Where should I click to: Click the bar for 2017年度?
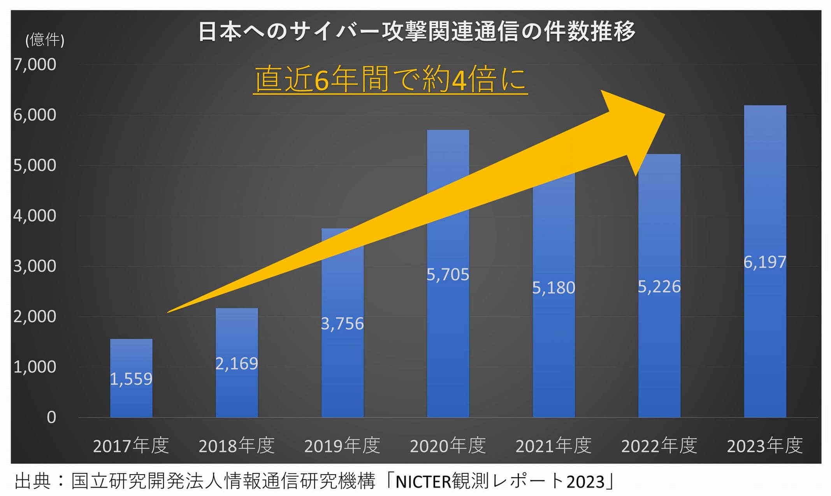point(131,378)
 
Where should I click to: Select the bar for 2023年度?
point(765,261)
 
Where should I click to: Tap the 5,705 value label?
point(448,275)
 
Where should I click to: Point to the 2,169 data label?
point(237,364)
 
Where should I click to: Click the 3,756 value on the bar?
point(342,324)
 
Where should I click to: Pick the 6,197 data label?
point(765,262)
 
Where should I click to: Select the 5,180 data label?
point(553,288)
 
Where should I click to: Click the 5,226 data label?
point(659,287)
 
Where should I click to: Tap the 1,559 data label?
point(131,379)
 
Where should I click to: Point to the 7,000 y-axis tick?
point(35,65)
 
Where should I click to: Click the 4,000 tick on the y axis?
point(35,216)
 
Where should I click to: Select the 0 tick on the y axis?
point(51,417)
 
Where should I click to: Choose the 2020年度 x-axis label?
point(448,446)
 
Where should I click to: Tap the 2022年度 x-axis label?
point(659,446)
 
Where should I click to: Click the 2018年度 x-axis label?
point(237,446)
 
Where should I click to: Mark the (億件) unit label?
point(45,40)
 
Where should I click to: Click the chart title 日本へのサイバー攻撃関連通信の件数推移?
point(416,31)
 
